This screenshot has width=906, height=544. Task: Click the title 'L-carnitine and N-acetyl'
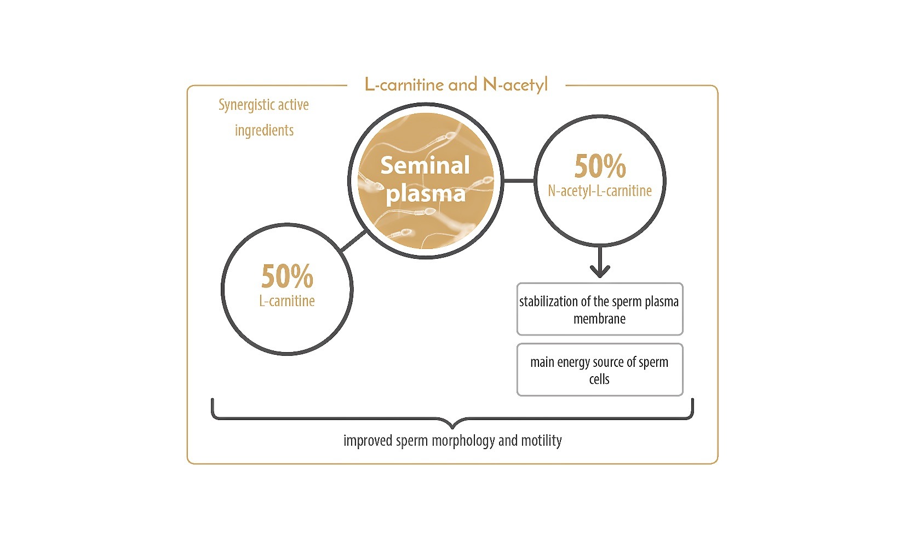pyautogui.click(x=456, y=85)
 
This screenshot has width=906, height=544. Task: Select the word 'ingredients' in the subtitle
pyautogui.click(x=264, y=131)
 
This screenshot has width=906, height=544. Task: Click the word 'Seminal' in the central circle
pyautogui.click(x=425, y=165)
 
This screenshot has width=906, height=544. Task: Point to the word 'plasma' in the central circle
pyautogui.click(x=426, y=193)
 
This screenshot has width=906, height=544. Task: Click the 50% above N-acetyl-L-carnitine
pyautogui.click(x=600, y=166)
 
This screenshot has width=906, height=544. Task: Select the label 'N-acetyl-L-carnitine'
pyautogui.click(x=600, y=191)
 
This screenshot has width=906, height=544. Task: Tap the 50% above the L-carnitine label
pyautogui.click(x=287, y=276)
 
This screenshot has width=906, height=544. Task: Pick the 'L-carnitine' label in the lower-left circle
pyautogui.click(x=287, y=301)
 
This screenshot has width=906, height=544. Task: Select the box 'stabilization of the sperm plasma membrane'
pyautogui.click(x=600, y=309)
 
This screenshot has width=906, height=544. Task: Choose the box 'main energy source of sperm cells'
pyautogui.click(x=600, y=369)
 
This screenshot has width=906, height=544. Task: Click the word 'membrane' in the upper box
pyautogui.click(x=599, y=319)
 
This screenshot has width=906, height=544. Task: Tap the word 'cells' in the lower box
pyautogui.click(x=599, y=379)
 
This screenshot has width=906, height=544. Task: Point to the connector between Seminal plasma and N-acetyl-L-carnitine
pyautogui.click(x=518, y=180)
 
